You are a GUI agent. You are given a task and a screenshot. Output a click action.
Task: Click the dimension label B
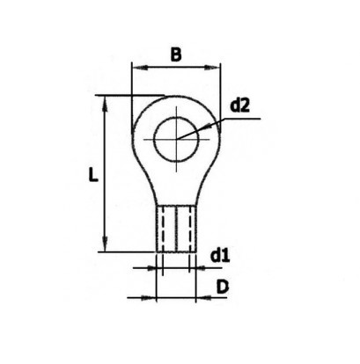pos(175,55)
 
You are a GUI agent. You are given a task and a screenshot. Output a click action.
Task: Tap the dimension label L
pos(92,175)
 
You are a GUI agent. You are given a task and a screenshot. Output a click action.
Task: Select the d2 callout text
pos(239,106)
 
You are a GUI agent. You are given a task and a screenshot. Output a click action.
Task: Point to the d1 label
pos(220,257)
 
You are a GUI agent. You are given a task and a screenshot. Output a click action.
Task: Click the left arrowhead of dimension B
pos(135,67)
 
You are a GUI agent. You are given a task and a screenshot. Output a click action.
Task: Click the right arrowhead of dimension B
pos(217,67)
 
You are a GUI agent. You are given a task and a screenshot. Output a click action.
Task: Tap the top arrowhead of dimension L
pos(107,100)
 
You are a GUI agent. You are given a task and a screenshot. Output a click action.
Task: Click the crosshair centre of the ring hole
pos(176,138)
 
